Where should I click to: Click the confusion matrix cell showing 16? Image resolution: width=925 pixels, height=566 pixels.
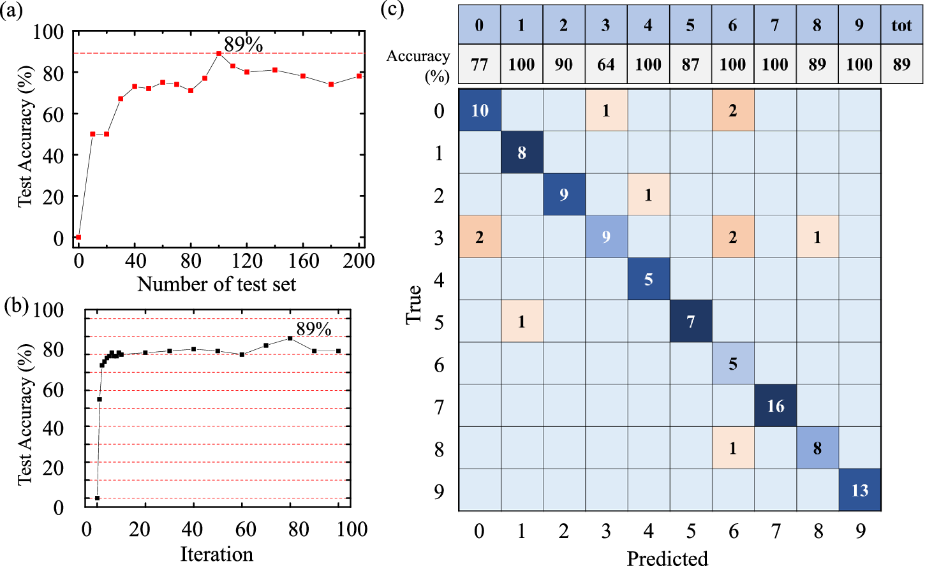775,406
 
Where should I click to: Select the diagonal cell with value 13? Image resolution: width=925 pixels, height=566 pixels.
859,490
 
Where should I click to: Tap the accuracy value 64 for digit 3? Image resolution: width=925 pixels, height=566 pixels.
605,64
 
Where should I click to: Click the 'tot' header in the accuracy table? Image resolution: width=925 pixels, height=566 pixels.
901,25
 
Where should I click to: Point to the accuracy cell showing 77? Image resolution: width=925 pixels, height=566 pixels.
479,64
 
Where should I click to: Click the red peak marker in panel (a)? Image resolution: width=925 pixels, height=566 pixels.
219,54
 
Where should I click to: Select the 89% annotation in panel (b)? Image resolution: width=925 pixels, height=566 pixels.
314,329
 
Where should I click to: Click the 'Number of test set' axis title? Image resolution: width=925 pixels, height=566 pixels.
216,284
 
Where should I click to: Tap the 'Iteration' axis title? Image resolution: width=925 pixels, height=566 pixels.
216,555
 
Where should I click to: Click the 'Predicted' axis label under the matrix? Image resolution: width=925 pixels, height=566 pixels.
667,558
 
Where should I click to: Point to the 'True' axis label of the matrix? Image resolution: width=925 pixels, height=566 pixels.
414,305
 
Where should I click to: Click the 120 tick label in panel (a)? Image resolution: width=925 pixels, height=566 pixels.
247,261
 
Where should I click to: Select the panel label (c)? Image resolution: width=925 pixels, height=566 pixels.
392,10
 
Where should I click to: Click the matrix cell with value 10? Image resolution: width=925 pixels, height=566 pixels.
480,111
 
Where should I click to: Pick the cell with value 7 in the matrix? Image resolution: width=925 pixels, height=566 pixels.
690,322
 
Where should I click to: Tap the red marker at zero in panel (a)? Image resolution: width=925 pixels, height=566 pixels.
78,237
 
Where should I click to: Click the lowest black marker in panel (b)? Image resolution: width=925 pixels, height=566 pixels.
97,498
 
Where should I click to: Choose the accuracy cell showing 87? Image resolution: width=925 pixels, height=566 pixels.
690,64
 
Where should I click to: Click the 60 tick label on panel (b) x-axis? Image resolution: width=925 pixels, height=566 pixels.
246,529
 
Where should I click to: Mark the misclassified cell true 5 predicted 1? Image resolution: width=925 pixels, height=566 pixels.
522,322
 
